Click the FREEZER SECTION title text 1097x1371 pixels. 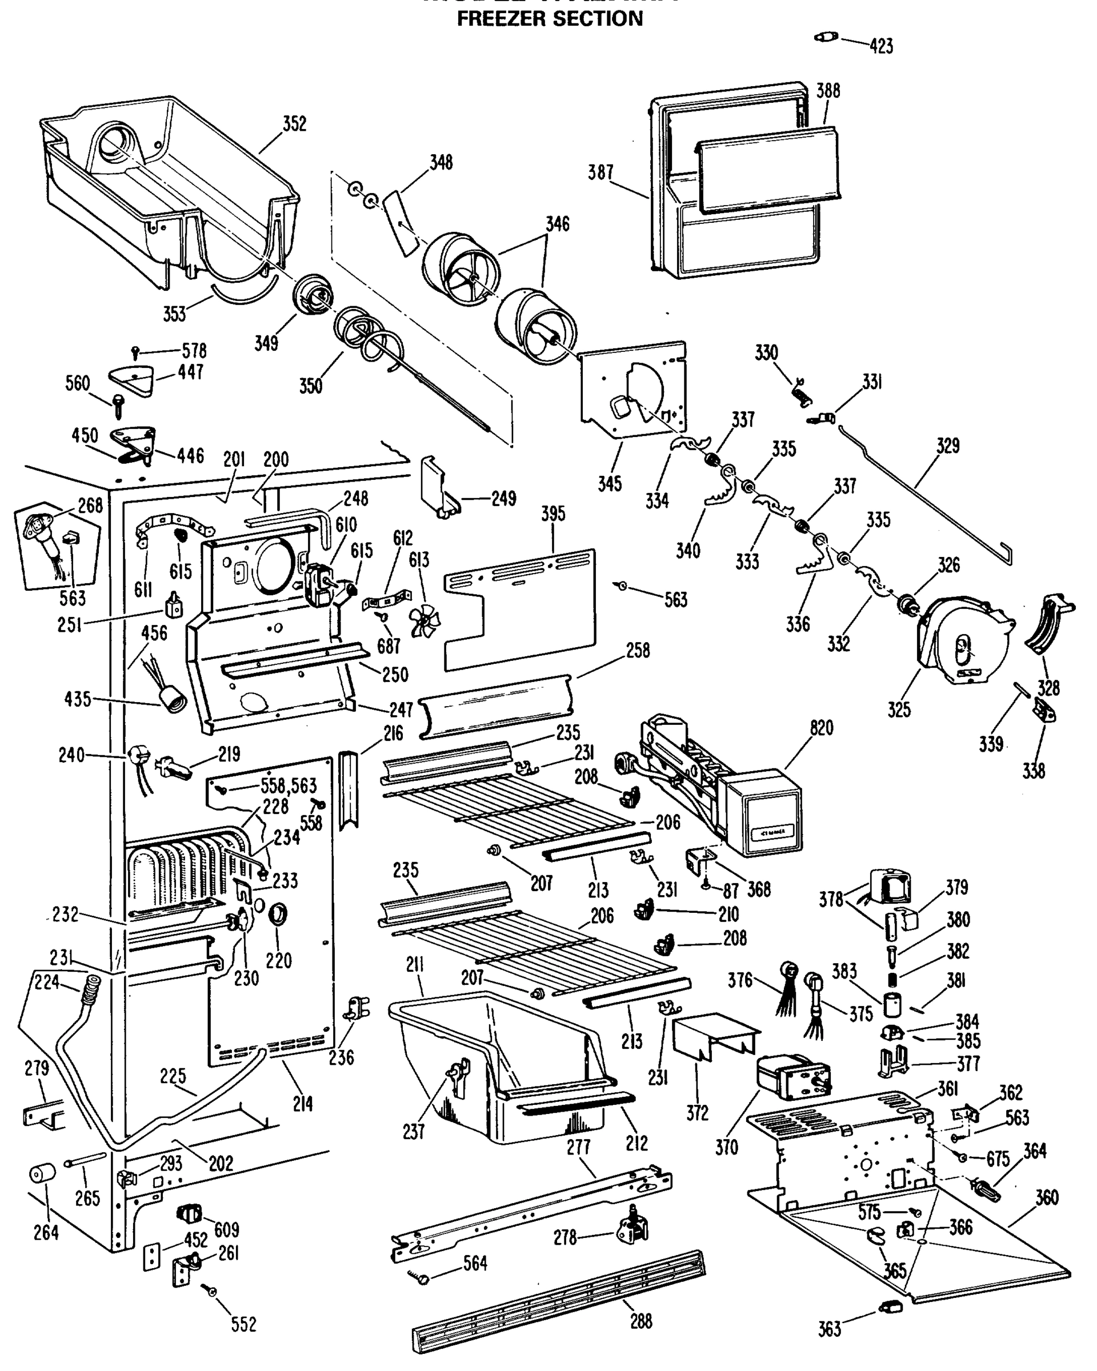[550, 19]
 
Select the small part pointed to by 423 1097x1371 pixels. [826, 37]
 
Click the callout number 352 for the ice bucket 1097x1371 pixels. [294, 123]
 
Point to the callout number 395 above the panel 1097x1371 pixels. [552, 514]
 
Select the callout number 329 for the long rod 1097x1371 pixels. [947, 446]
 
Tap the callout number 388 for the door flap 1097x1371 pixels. [828, 91]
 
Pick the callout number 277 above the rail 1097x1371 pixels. [578, 1147]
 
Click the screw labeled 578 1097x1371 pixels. [135, 350]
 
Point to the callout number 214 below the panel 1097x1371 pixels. [303, 1104]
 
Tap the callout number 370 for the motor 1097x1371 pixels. [726, 1147]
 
